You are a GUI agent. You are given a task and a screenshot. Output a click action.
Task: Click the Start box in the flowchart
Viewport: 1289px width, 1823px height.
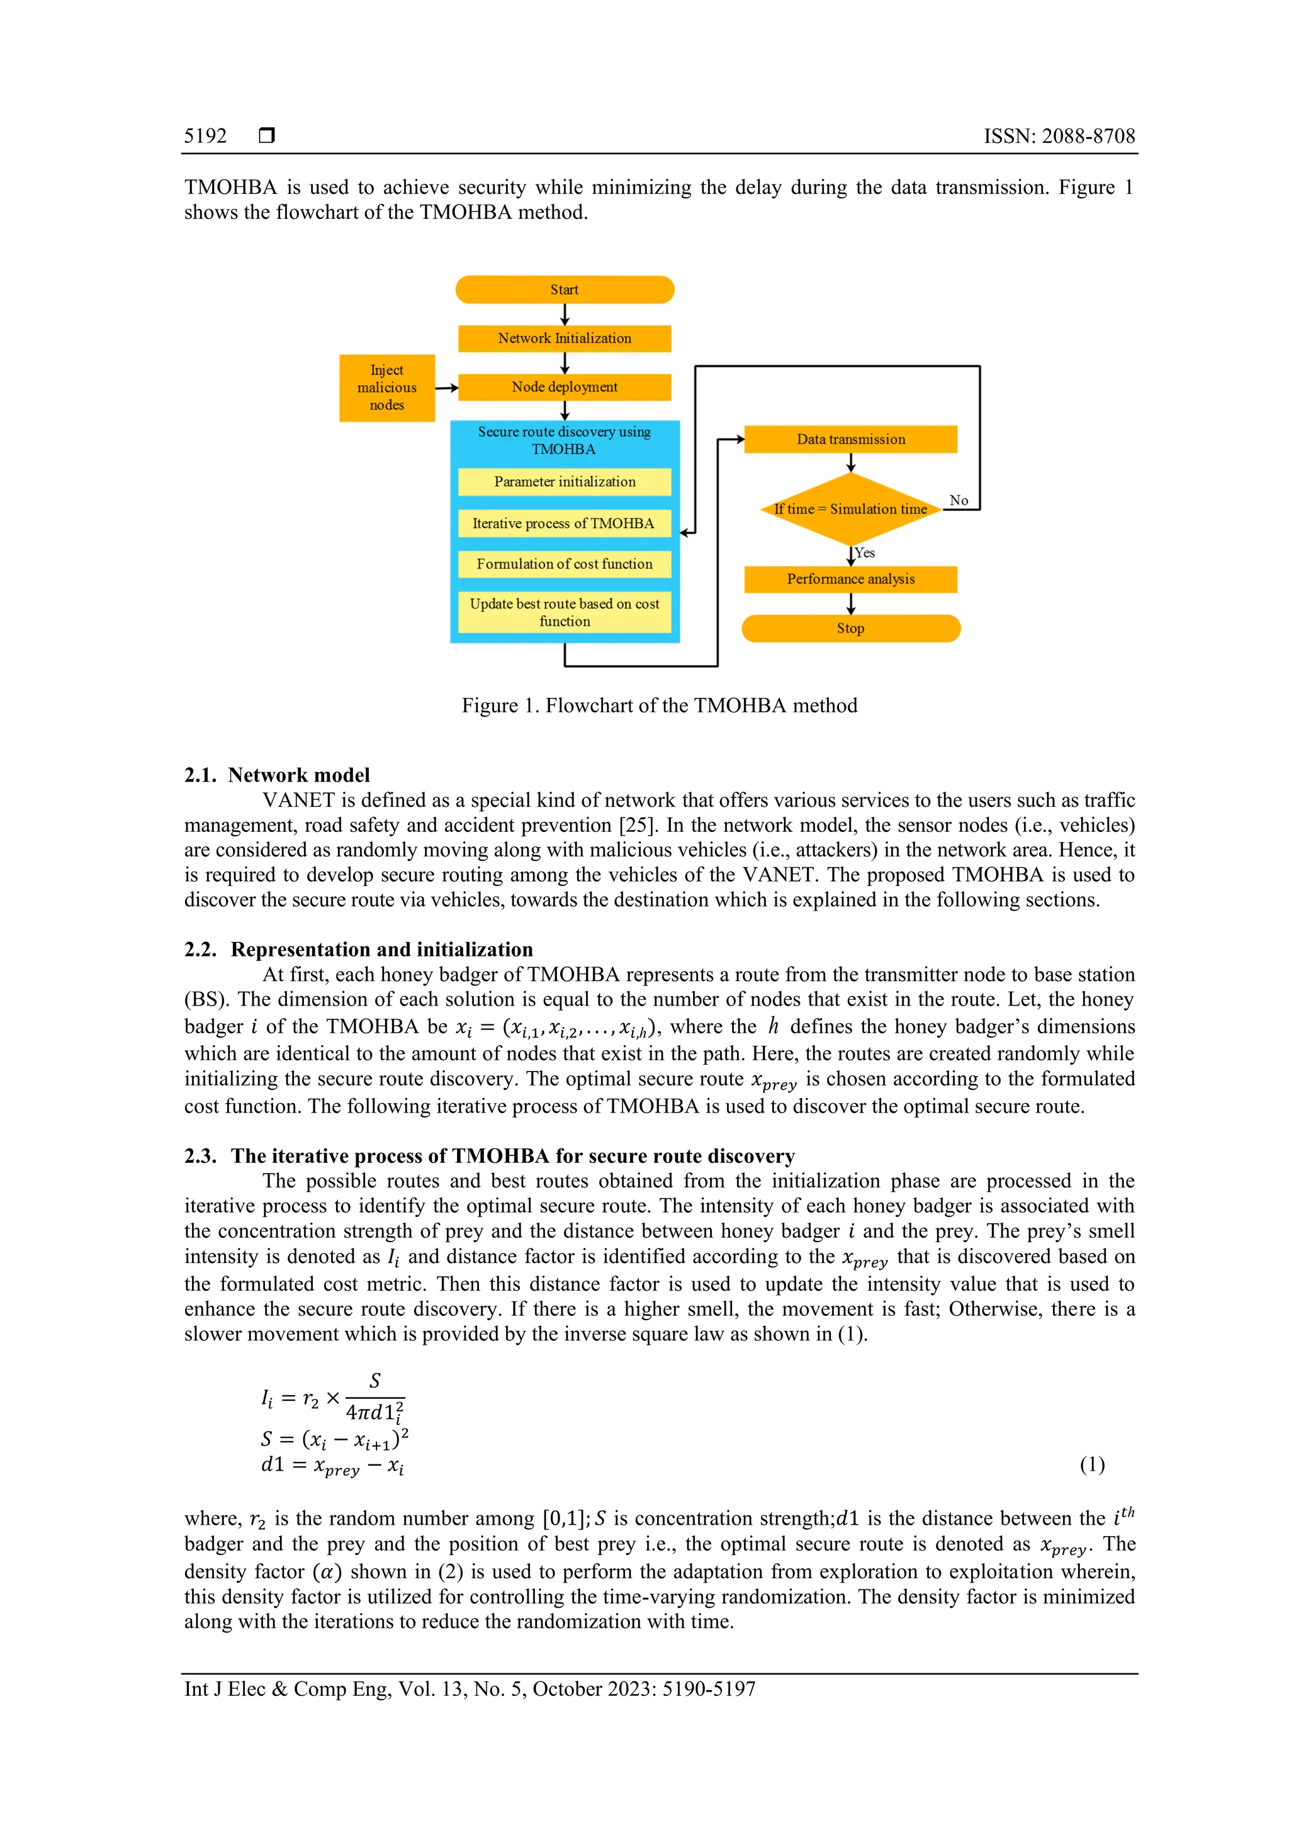(x=564, y=290)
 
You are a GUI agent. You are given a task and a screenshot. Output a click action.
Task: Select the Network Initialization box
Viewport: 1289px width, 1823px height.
(x=564, y=339)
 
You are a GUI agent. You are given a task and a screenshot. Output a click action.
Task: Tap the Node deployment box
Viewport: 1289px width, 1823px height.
(x=564, y=388)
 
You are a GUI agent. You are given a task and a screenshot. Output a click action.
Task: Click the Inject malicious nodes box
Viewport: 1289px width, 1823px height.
(x=387, y=388)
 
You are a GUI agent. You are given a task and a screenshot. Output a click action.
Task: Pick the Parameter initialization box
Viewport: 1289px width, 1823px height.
(x=564, y=482)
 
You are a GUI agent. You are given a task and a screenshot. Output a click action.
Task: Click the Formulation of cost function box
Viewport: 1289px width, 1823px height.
(x=564, y=564)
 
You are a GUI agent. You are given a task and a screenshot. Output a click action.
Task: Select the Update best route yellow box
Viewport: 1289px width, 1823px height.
(x=564, y=612)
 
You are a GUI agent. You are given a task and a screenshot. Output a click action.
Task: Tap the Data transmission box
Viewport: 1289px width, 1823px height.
(x=850, y=440)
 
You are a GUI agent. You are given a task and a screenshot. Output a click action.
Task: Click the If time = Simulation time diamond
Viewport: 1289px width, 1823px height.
(x=850, y=509)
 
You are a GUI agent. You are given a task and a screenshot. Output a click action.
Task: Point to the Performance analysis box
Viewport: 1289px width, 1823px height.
(x=850, y=580)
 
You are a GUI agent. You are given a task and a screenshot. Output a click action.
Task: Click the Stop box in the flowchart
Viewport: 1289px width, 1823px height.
(x=850, y=629)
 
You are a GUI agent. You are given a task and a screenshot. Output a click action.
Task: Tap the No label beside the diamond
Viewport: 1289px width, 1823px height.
(x=959, y=500)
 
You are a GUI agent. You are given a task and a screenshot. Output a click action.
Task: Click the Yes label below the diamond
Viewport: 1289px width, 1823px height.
(x=865, y=553)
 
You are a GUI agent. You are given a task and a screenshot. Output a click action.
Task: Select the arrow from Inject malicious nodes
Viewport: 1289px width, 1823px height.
(x=446, y=388)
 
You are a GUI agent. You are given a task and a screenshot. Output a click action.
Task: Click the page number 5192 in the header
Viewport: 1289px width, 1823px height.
(x=205, y=136)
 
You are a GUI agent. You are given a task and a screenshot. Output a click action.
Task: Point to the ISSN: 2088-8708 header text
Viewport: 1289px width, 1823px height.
(x=1059, y=136)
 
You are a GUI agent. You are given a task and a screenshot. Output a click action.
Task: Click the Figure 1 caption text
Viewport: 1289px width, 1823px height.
(x=659, y=706)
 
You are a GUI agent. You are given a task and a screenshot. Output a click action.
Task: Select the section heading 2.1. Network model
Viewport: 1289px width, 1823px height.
(x=277, y=775)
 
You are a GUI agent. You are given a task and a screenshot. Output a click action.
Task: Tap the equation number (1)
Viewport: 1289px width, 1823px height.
(x=1092, y=1464)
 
